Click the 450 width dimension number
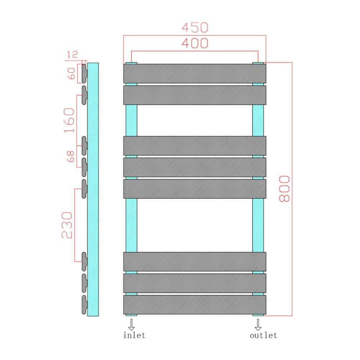coord(195,28)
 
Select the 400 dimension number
coord(195,43)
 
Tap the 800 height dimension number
coord(284,189)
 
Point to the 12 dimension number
coord(72,55)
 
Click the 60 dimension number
coord(71,73)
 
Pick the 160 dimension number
coord(69,120)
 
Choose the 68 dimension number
coord(71,157)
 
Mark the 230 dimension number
coord(67,225)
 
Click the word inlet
coord(134,335)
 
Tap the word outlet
coord(264,335)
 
